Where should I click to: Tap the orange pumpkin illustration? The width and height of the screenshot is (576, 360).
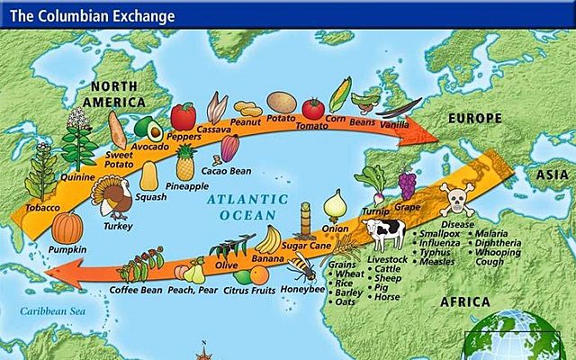(x=67, y=229)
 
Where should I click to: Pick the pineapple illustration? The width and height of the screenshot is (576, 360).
(x=185, y=162)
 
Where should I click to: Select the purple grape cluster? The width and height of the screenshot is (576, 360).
(x=407, y=184)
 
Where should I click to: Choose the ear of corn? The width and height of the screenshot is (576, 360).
(x=341, y=94)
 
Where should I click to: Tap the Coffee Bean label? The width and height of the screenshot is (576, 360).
(x=134, y=290)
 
